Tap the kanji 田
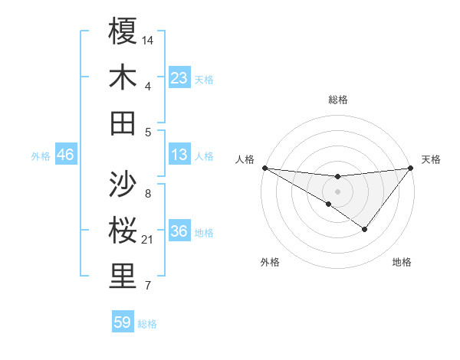pyautogui.click(x=123, y=123)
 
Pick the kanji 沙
pyautogui.click(x=123, y=184)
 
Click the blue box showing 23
pyautogui.click(x=179, y=78)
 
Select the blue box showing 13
pyautogui.click(x=179, y=155)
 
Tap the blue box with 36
pyautogui.click(x=179, y=232)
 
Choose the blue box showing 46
pyautogui.click(x=65, y=155)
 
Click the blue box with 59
pyautogui.click(x=123, y=322)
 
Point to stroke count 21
pyautogui.click(x=148, y=241)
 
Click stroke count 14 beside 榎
pyautogui.click(x=148, y=39)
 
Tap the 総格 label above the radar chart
pyautogui.click(x=337, y=100)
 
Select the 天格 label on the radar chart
pyautogui.click(x=431, y=159)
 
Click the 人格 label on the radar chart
pyautogui.click(x=245, y=159)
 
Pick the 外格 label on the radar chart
pyautogui.click(x=269, y=263)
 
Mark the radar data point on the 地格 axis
pyautogui.click(x=365, y=229)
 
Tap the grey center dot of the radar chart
pyautogui.click(x=337, y=191)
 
